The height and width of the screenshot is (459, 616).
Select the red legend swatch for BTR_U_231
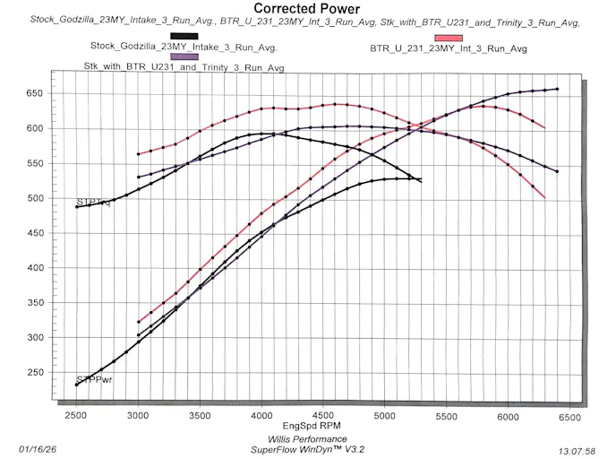(448, 38)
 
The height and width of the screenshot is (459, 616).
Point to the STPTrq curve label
(94, 202)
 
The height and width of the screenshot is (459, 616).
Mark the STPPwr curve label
(94, 379)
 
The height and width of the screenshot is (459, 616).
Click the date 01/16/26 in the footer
(37, 448)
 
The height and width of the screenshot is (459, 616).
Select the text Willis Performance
(308, 439)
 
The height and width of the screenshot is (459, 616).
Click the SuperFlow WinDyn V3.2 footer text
(308, 449)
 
